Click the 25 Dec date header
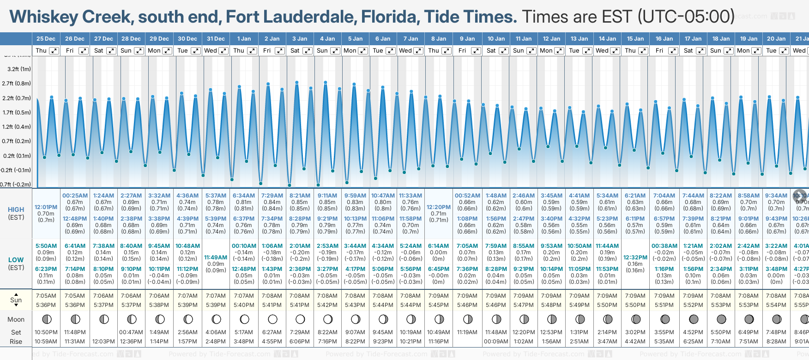(x=46, y=39)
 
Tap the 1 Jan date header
(x=244, y=39)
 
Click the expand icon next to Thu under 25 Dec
(x=54, y=51)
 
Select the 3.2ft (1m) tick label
(x=19, y=69)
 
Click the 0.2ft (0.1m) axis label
(x=17, y=156)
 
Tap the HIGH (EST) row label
(x=16, y=213)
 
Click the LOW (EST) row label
(x=16, y=264)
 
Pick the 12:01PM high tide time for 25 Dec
(x=46, y=207)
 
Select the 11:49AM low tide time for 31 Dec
(x=216, y=258)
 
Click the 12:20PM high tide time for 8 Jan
(x=438, y=207)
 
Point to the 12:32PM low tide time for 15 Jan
(x=635, y=258)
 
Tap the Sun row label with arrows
(x=16, y=300)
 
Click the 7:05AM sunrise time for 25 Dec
(x=46, y=296)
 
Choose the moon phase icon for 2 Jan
(x=272, y=319)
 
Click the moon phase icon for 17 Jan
(x=694, y=319)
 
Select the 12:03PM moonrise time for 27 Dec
(x=103, y=342)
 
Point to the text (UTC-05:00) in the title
(x=686, y=17)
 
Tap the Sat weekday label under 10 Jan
(x=491, y=51)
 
